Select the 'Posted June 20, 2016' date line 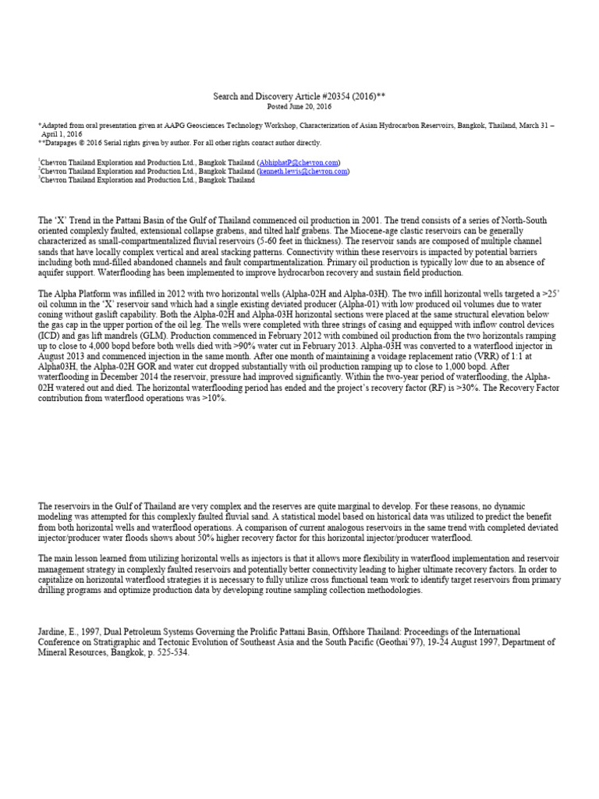299,105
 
